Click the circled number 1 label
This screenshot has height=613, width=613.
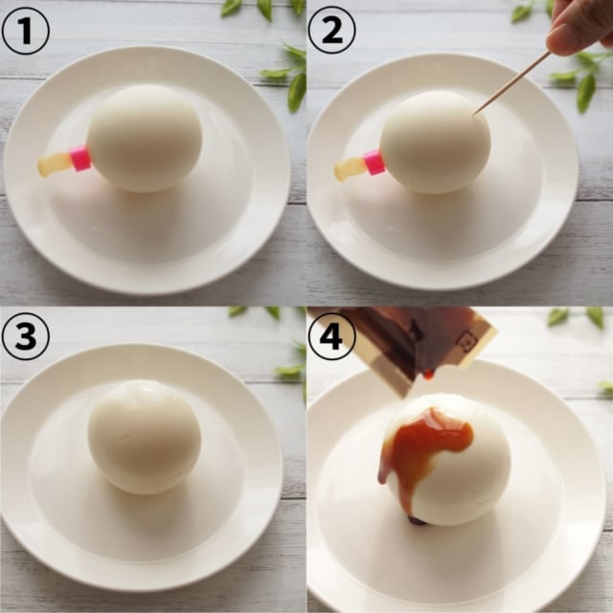click(25, 30)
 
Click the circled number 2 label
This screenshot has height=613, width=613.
click(331, 30)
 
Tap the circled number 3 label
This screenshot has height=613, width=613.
click(25, 336)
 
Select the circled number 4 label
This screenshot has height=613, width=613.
click(331, 336)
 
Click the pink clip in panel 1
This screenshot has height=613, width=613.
click(80, 158)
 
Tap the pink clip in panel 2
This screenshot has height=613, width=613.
click(374, 163)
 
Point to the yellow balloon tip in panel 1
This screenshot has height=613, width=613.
click(53, 165)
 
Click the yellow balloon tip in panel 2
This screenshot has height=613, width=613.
click(349, 170)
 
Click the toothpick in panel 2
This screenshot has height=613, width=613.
click(512, 82)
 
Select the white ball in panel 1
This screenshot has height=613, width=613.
click(145, 138)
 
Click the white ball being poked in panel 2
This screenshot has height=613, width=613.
click(435, 143)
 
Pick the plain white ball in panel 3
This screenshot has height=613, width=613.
click(145, 436)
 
